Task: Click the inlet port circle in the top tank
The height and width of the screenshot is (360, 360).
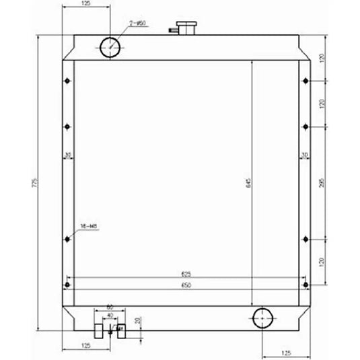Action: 110,46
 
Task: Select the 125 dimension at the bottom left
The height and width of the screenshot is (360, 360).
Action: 85,345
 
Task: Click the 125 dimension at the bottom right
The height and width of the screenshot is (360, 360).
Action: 285,352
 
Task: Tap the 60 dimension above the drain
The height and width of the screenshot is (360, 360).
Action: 110,308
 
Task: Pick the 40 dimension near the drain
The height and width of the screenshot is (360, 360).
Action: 110,314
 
